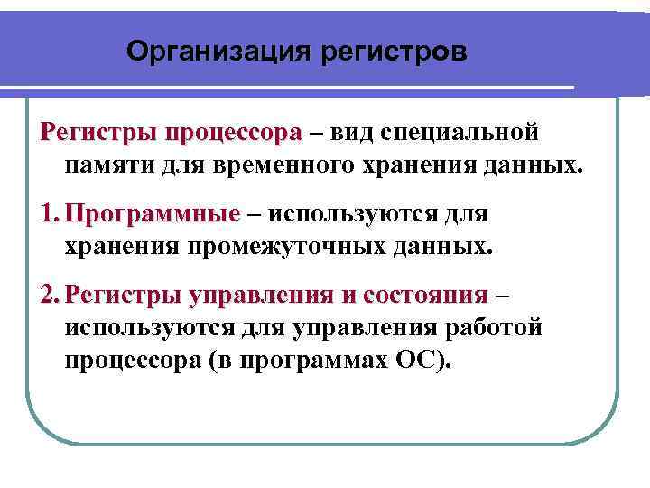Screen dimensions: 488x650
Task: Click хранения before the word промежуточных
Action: coord(122,247)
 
